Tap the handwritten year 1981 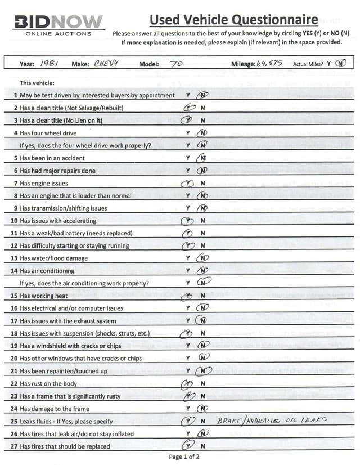point(51,64)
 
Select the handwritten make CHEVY point(105,64)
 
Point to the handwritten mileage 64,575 point(269,64)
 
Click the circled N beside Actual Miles point(340,64)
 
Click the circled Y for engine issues point(187,183)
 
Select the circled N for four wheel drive point(202,133)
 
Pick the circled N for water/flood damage point(202,258)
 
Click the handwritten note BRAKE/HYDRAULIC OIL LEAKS point(272,421)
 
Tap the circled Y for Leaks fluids point(188,421)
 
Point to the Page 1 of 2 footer point(184,457)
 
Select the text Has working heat point(44,296)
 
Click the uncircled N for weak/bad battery point(202,233)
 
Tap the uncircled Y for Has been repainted point(188,371)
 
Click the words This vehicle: point(37,82)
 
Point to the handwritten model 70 point(176,64)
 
